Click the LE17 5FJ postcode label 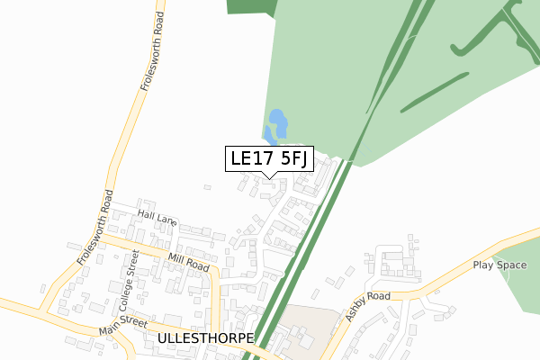269,158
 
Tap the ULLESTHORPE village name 206,338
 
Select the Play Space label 499,265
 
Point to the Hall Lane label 157,217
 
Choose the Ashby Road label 368,305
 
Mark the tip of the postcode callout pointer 269,178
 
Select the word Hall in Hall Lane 148,214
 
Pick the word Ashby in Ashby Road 360,310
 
